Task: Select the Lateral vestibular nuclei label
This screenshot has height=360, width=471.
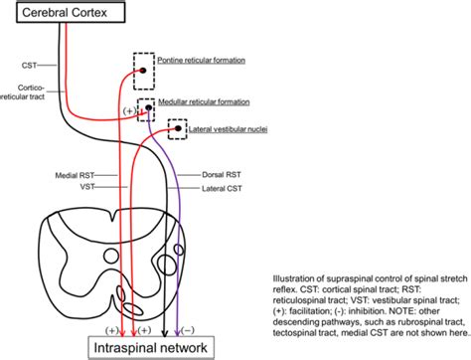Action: pyautogui.click(x=228, y=129)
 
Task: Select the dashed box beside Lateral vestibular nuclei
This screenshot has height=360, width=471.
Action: pyautogui.click(x=176, y=130)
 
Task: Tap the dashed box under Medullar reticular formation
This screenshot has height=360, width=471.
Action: pyautogui.click(x=146, y=107)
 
